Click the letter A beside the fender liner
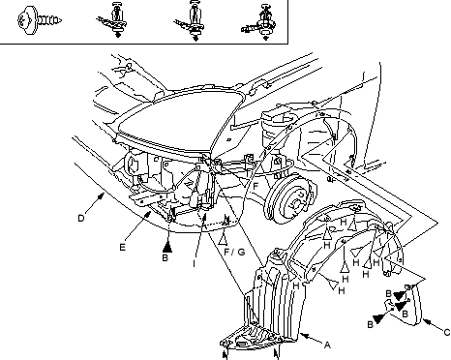point(327,345)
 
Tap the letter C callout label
point(447,332)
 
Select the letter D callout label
point(81,219)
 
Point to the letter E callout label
point(122,247)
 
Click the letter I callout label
point(194,263)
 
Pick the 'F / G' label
point(234,252)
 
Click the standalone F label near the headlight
point(256,186)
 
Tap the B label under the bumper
point(165,257)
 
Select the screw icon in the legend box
point(39,20)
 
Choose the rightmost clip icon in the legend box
point(259,22)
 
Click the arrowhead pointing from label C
point(426,321)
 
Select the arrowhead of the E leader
point(148,214)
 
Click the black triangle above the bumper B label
point(167,247)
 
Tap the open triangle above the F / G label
point(223,239)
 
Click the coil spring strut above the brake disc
point(274,128)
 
